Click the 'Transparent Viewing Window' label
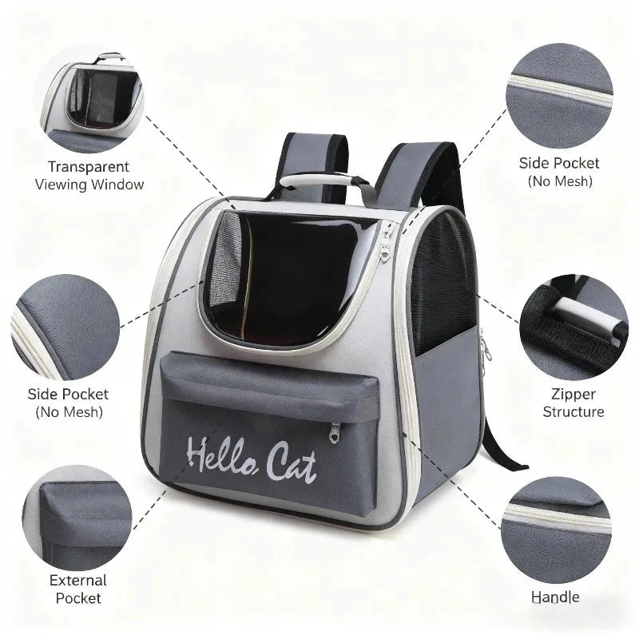point(89,175)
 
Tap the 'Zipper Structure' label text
point(573,403)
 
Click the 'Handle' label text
point(555,596)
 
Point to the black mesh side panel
point(443,276)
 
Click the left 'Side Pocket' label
point(68,394)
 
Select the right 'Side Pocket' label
point(559,163)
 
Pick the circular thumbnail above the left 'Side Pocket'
point(64,323)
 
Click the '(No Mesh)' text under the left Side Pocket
point(68,412)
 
